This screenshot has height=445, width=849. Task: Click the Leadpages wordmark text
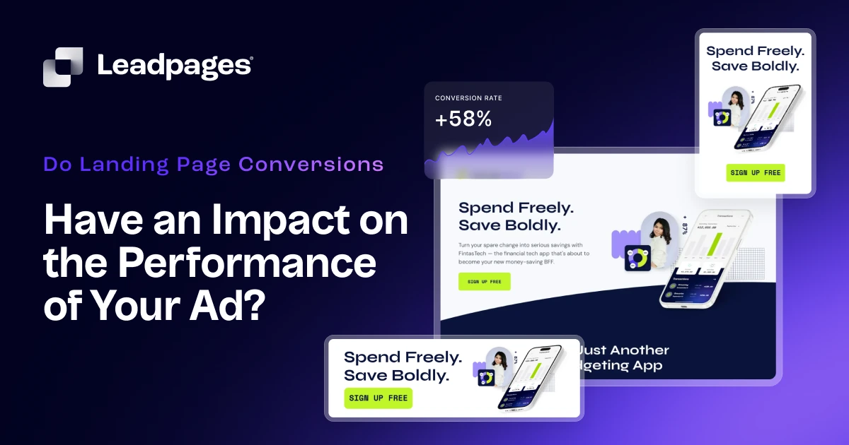[174, 66]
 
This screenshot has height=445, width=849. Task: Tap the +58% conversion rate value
[463, 119]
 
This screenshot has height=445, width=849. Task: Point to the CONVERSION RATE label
[468, 98]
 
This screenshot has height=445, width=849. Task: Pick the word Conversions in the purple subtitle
[311, 165]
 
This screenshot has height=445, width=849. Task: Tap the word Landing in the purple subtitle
[120, 165]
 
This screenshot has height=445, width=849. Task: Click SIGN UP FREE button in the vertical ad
[755, 172]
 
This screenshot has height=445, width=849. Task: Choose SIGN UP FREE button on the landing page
[484, 281]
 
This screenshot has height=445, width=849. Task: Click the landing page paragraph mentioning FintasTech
[524, 253]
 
